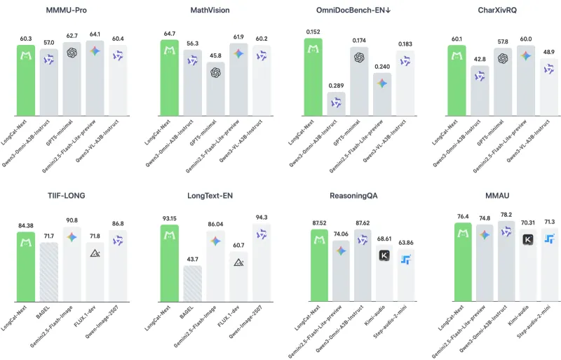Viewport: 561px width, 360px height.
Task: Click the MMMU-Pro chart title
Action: pos(72,11)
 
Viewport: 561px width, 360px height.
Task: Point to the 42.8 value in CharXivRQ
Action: pos(479,60)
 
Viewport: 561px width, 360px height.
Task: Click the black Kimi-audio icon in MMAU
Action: pos(527,240)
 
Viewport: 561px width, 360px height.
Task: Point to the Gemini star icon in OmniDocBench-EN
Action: pos(381,84)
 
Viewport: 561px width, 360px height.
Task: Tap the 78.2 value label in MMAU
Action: pos(504,215)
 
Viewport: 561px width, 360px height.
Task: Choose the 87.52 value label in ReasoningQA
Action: pos(320,223)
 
